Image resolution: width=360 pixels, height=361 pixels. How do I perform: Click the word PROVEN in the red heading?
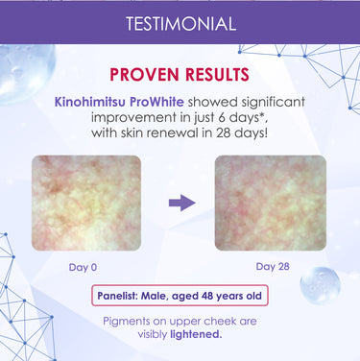[x=147, y=75]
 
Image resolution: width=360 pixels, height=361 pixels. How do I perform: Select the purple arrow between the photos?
[x=180, y=202]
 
